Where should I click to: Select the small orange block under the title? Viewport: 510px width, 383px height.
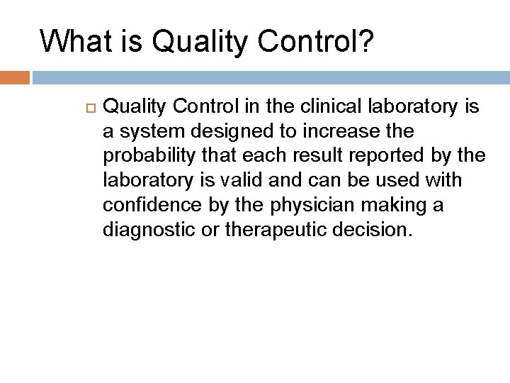tap(14, 77)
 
